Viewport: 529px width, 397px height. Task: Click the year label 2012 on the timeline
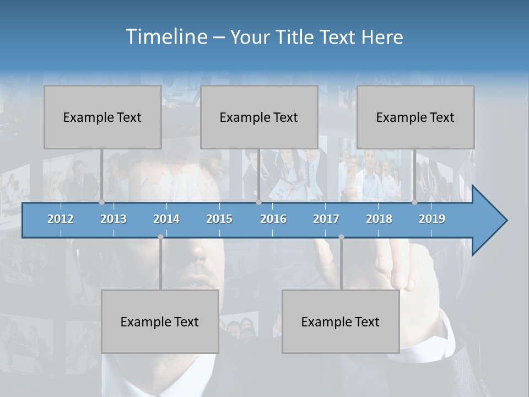pos(61,219)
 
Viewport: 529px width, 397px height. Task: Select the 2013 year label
pos(114,219)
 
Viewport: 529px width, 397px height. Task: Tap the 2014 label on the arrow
pos(166,219)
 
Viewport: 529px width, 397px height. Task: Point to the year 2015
pos(219,219)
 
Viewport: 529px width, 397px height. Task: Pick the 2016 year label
pos(273,219)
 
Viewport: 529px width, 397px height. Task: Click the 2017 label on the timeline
pos(326,219)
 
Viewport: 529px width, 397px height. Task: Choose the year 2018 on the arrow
pos(379,219)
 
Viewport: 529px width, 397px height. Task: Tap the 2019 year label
pos(432,219)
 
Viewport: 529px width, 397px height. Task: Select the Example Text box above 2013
pos(102,117)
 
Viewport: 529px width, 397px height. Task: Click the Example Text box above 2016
pos(259,117)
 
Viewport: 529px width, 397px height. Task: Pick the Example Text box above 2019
pos(415,117)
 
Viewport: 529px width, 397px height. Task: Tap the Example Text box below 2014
pos(160,321)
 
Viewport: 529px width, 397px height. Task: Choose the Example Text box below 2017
pos(341,321)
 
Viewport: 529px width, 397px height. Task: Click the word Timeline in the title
pos(165,37)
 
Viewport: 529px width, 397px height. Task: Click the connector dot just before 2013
pos(102,202)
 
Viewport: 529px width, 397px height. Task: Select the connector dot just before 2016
pos(258,202)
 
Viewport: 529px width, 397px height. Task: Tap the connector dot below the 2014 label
pos(160,237)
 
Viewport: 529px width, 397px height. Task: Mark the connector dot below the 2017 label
pos(341,237)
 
